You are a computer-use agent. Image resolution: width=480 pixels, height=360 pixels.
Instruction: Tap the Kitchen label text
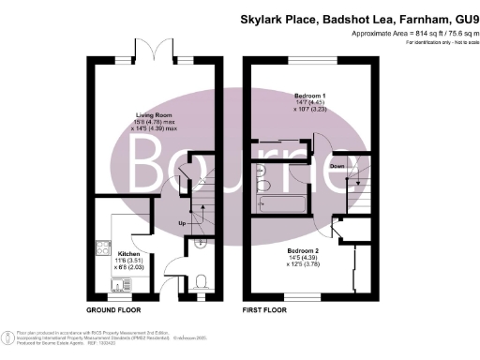tap(128, 253)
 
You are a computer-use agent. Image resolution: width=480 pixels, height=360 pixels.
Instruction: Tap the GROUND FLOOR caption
tap(113, 309)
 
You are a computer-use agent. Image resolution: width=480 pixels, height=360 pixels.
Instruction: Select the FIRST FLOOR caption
tap(264, 309)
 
